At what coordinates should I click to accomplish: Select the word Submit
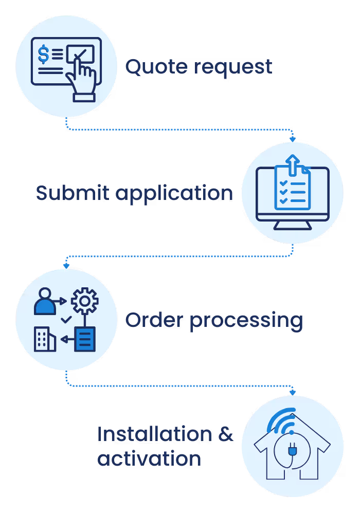[73, 193]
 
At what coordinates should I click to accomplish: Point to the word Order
[154, 320]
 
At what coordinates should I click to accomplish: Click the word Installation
[154, 434]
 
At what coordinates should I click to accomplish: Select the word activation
[149, 458]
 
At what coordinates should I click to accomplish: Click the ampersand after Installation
[225, 435]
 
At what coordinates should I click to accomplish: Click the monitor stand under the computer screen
[292, 225]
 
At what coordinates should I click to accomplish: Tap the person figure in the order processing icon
[45, 301]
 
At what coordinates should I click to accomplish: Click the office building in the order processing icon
[45, 339]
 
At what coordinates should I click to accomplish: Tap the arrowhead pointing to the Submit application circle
[293, 139]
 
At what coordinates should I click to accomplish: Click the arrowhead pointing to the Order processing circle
[66, 266]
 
